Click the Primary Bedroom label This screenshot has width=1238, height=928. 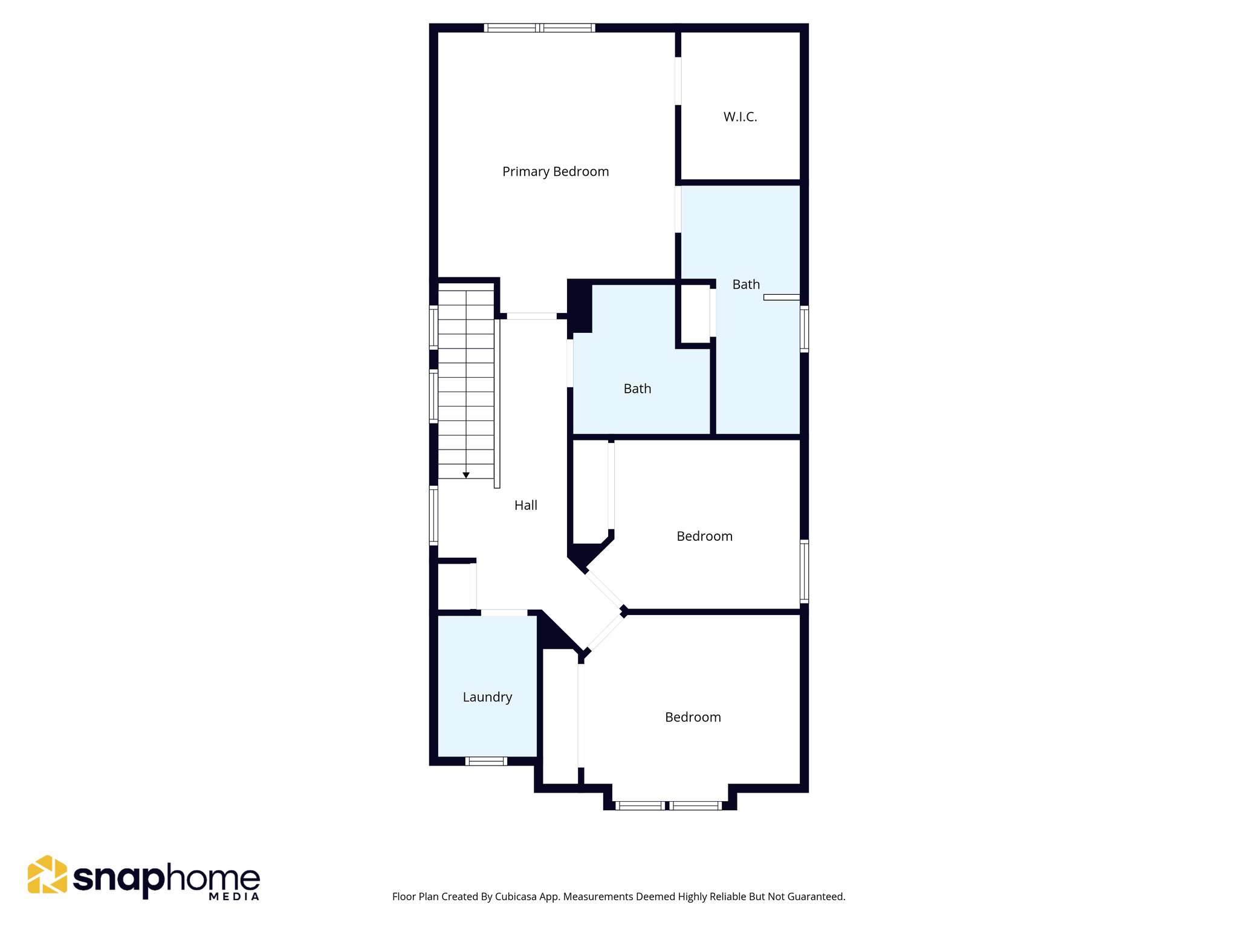click(556, 172)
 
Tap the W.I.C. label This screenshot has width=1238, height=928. click(740, 117)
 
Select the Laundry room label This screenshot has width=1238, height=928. click(487, 697)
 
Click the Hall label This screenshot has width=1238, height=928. click(525, 505)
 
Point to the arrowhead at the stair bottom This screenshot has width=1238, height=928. click(466, 475)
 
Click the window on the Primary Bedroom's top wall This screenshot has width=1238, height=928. click(539, 28)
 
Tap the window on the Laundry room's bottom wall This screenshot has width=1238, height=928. click(487, 761)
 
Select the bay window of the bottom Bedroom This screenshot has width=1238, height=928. click(669, 805)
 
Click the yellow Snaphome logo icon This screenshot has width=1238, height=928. click(47, 874)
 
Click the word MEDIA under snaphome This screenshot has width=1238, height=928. click(234, 897)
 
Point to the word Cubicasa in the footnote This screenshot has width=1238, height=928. click(515, 897)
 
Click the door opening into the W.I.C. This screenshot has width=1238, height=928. click(678, 81)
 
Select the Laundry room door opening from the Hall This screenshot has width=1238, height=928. click(504, 613)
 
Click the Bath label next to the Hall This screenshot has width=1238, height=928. click(637, 388)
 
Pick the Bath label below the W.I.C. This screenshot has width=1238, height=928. click(746, 285)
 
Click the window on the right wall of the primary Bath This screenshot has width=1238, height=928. click(804, 329)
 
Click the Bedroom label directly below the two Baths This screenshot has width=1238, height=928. click(704, 536)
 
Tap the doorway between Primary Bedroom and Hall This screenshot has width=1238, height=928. click(531, 316)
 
